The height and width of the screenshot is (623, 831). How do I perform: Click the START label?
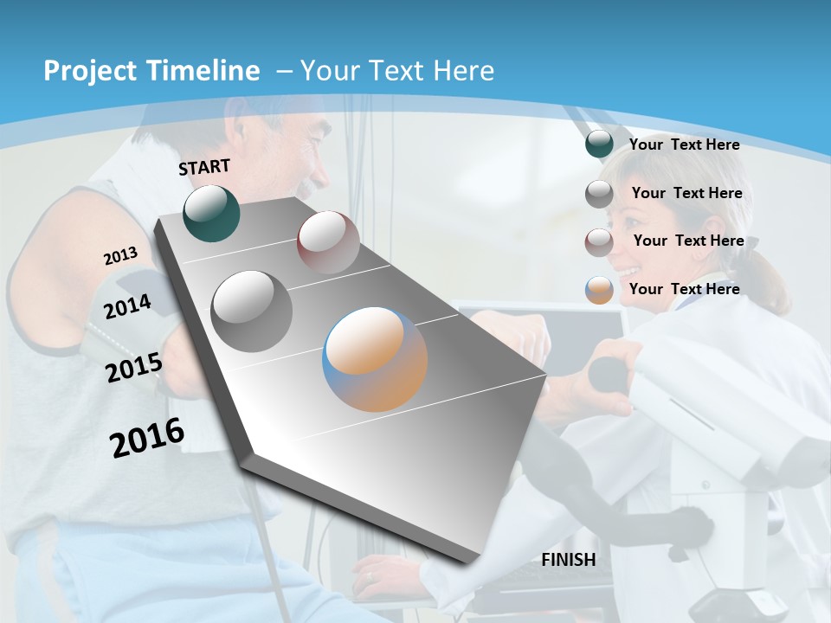point(204,167)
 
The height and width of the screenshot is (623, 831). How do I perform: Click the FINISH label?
point(569,560)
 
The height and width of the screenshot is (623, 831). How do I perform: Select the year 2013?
point(120,256)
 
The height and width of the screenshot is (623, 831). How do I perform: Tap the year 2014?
point(127,306)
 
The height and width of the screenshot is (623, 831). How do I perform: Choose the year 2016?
point(147,438)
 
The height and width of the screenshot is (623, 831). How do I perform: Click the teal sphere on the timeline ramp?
point(211,213)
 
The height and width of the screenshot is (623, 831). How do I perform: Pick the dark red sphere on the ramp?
point(328,241)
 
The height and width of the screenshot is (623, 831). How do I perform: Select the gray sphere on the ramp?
point(252,311)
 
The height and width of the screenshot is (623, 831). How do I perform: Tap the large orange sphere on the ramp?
point(375,359)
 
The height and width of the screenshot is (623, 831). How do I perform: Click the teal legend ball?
point(599,145)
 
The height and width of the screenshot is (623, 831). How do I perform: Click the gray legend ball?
point(599,194)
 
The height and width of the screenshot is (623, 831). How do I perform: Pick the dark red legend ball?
point(599,241)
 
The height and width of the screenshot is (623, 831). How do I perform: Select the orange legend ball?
point(599,290)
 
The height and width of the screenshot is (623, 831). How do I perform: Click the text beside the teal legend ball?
point(684,145)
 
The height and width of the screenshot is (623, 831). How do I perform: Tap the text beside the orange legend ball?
point(684,289)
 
